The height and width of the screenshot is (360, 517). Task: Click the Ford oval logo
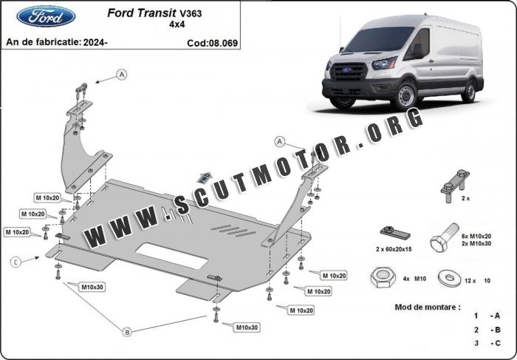pyautogui.click(x=46, y=16)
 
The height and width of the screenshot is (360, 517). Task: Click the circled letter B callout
pyautogui.click(x=127, y=330)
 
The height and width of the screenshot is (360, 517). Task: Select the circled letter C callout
pyautogui.click(x=15, y=260)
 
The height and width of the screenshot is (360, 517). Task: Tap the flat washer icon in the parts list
pyautogui.click(x=448, y=278)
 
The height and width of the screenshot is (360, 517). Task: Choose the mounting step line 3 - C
pyautogui.click(x=487, y=343)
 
